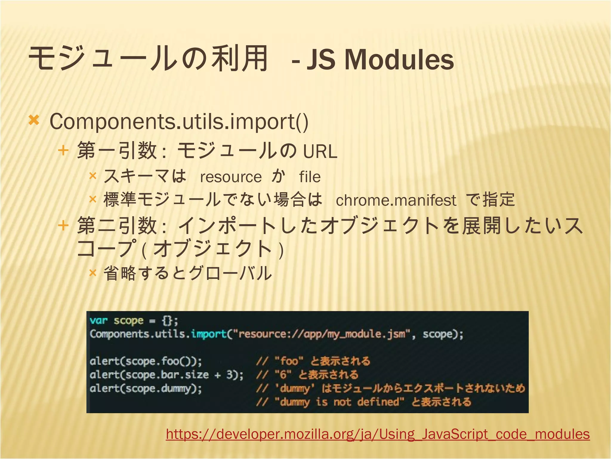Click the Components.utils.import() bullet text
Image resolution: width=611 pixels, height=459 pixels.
[x=179, y=122]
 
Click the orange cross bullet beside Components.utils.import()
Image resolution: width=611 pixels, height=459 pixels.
[x=34, y=120]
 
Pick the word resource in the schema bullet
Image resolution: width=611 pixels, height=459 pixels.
[x=231, y=177]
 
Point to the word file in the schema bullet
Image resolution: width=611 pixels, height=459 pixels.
[x=310, y=177]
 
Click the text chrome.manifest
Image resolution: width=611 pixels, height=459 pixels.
[x=396, y=200]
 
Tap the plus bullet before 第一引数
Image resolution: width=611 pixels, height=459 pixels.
[x=63, y=150]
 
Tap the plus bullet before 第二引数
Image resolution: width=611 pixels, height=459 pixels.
[x=63, y=225]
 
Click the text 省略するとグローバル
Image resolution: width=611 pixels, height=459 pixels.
[x=187, y=273]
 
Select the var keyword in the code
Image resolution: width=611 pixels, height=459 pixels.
[x=98, y=321]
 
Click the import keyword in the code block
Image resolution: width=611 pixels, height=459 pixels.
[x=209, y=334]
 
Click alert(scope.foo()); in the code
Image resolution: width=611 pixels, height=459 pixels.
[x=146, y=361]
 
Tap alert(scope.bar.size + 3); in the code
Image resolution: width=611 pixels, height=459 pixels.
[x=166, y=375]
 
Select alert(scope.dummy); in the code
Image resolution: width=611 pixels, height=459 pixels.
[x=146, y=388]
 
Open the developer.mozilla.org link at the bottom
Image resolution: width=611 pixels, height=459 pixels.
[x=378, y=434]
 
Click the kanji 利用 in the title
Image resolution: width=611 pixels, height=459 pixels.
[x=240, y=59]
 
